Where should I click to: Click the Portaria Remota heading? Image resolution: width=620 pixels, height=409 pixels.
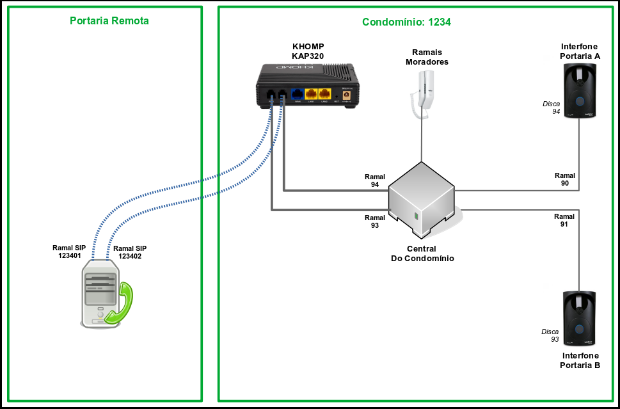[109, 21]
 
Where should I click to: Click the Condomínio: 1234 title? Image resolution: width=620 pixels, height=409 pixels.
[406, 22]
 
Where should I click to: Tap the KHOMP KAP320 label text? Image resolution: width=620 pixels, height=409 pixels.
[308, 51]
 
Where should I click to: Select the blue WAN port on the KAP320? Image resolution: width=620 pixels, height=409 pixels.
[298, 94]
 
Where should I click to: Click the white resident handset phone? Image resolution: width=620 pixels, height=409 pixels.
[423, 93]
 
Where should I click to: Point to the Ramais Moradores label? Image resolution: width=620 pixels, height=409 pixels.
[427, 57]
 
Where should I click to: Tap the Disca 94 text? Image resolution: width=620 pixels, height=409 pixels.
[552, 108]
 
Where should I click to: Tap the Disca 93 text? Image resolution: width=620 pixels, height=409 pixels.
[550, 335]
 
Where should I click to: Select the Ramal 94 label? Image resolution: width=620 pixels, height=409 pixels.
[375, 180]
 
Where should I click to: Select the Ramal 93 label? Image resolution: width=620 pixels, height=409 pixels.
[375, 221]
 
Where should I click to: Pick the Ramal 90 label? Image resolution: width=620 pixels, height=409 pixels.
[565, 179]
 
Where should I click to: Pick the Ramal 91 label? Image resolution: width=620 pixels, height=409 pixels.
[564, 220]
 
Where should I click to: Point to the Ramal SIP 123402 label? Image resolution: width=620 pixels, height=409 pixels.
[130, 252]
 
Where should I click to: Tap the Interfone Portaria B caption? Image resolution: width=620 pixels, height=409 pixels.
[580, 360]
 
